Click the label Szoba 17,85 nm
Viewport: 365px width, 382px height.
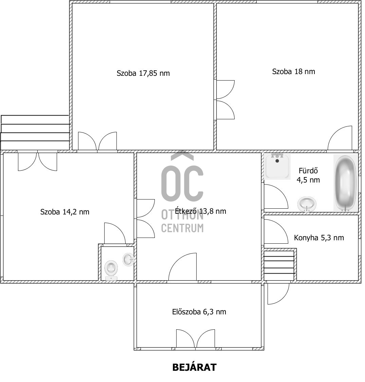(x=143, y=73)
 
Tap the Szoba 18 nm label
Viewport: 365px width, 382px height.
(x=293, y=71)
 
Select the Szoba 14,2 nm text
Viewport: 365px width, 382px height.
(x=65, y=212)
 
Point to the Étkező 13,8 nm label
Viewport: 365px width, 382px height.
(x=200, y=211)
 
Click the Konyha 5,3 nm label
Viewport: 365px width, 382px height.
(x=318, y=238)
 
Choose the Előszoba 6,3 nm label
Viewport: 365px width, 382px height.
(x=199, y=312)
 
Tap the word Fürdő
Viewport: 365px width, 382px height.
(x=308, y=171)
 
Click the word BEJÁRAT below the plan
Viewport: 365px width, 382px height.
(x=194, y=367)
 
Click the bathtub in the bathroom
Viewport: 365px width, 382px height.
(x=345, y=183)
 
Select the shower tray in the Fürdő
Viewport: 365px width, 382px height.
(x=277, y=166)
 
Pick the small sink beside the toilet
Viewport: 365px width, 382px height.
(x=128, y=260)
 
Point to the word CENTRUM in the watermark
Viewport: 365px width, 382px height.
(x=182, y=228)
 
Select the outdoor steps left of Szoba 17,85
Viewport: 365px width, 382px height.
(x=35, y=132)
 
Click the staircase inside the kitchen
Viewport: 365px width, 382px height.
(x=279, y=265)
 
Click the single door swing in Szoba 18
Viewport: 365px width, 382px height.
(x=340, y=138)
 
